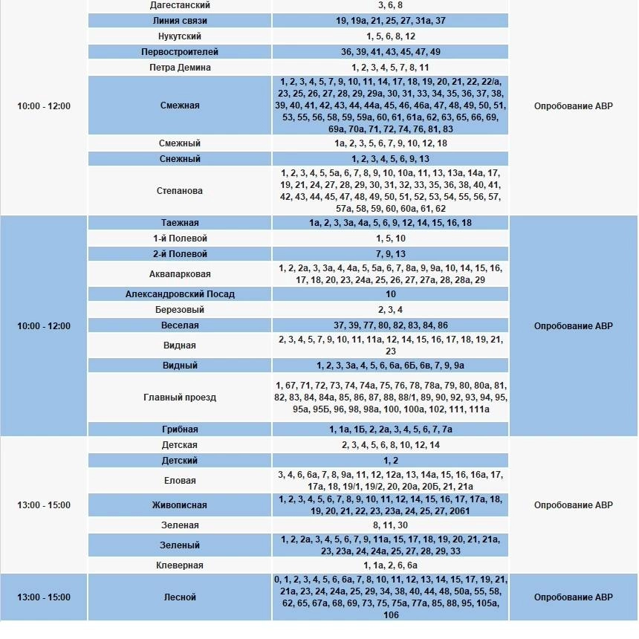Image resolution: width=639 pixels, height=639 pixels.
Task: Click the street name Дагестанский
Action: point(180,5)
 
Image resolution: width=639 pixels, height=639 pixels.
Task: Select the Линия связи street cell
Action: point(180,21)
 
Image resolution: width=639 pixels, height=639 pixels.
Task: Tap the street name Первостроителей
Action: point(180,52)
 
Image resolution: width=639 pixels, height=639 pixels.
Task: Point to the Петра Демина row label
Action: point(180,68)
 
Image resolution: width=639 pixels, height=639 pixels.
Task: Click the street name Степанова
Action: point(180,191)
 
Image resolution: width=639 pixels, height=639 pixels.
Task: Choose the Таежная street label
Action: point(180,223)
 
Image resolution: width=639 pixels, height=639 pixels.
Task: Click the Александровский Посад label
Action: point(180,294)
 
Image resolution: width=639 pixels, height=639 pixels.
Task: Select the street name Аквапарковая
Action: point(180,274)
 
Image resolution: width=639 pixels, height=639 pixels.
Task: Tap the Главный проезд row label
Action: point(180,398)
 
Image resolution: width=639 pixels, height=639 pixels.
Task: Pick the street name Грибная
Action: point(180,429)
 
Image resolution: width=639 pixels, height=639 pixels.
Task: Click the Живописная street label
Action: point(180,505)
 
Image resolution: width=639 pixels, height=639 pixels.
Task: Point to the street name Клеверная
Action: point(180,565)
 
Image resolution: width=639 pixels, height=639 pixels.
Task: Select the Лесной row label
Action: point(180,597)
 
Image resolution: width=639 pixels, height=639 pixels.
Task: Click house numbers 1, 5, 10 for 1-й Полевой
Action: point(391,239)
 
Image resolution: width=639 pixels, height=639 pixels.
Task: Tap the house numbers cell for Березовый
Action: point(391,310)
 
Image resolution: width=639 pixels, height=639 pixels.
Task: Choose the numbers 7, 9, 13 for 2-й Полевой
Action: point(391,254)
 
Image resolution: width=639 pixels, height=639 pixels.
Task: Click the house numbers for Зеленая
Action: point(391,525)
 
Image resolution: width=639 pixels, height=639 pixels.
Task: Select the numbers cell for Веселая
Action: point(391,325)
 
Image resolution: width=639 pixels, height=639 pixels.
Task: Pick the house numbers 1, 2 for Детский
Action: point(391,461)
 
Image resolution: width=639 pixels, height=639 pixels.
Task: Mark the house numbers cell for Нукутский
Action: point(391,36)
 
